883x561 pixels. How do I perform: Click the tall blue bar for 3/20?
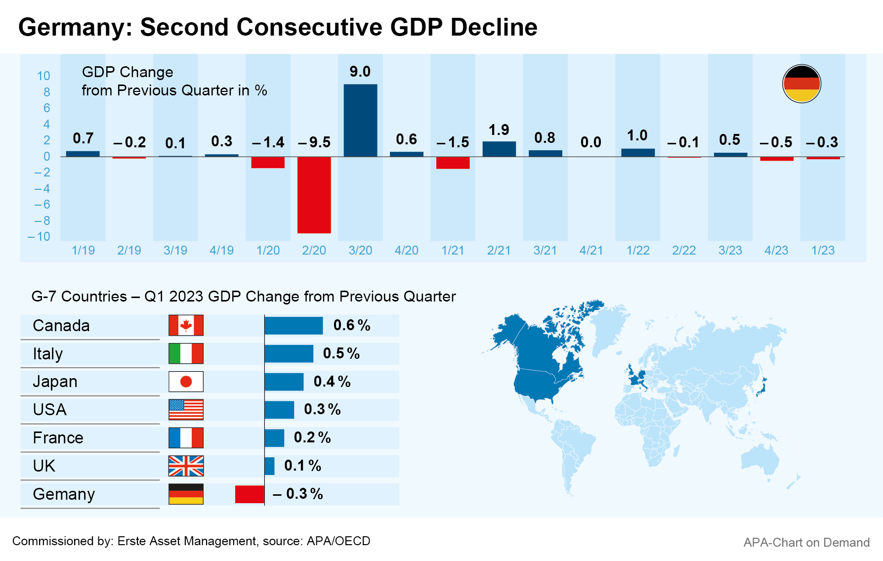click(360, 120)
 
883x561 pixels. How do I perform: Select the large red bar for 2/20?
click(314, 195)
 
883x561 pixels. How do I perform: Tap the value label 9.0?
click(360, 72)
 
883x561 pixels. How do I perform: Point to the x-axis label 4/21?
click(591, 251)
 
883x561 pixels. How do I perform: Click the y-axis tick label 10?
click(43, 76)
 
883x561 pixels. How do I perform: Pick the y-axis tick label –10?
click(39, 237)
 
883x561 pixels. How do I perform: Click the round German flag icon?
click(801, 84)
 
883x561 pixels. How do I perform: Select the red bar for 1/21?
click(453, 163)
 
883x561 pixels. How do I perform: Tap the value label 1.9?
click(499, 130)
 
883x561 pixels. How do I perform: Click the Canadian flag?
click(186, 325)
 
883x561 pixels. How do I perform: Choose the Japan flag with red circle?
click(186, 382)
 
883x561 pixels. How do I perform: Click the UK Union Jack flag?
click(186, 466)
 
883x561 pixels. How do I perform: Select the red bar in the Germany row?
click(250, 494)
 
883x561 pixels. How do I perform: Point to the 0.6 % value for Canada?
click(351, 325)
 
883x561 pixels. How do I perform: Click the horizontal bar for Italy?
click(289, 354)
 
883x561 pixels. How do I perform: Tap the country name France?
click(58, 438)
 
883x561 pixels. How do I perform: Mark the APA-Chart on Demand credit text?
click(806, 543)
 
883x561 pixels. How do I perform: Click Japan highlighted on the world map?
click(761, 388)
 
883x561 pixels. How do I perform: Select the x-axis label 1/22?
click(637, 251)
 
